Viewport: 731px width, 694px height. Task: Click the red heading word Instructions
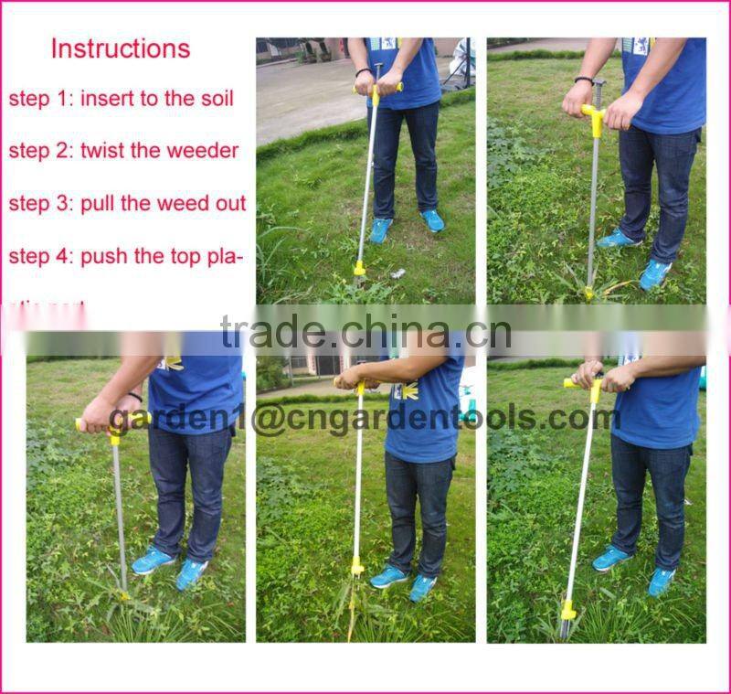coord(121,48)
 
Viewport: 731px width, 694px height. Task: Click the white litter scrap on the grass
coord(396,272)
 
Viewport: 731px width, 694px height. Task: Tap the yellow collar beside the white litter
coord(360,268)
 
